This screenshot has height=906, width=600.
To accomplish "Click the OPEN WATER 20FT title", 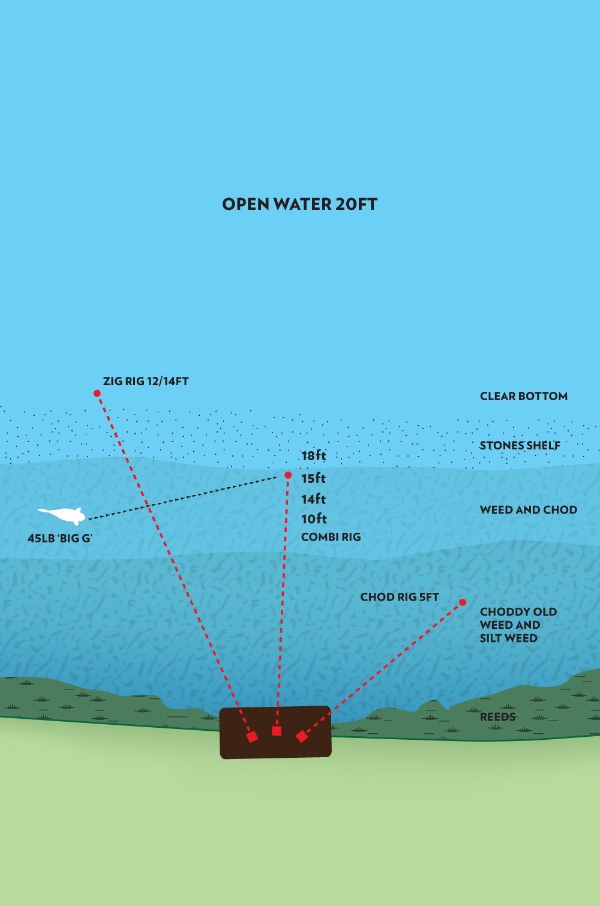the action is pos(299,204).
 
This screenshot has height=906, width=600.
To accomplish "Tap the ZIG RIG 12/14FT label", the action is pos(146,382).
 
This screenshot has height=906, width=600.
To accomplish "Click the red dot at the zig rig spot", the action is pos(97,393).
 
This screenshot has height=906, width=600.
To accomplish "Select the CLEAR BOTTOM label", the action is pos(524,396).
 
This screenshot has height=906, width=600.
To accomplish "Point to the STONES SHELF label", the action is pos(520,445).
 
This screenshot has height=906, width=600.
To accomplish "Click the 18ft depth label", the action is pos(314,455).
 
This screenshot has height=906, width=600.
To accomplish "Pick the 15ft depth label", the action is pos(314,478).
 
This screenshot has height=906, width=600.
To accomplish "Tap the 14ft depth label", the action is pos(314,499).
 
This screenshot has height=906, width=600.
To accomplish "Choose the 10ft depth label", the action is pos(314,519).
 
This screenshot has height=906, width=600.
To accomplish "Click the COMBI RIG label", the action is pos(331,537).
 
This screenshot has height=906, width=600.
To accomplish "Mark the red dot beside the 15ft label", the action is pos(288,475).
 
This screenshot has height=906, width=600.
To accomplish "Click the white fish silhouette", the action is pos(62,515).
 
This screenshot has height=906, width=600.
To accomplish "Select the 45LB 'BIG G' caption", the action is pos(60,538).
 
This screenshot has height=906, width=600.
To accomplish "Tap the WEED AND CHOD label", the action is pos(529,509).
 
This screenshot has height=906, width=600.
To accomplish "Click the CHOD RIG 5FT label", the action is pos(400,597).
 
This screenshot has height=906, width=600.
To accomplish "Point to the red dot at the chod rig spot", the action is pos(463,602).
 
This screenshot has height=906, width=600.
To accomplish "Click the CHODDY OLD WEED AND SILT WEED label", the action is pos(518,625).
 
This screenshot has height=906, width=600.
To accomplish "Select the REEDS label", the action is pos(497,717).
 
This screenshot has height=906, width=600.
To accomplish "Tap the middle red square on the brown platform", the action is pos(277,731).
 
